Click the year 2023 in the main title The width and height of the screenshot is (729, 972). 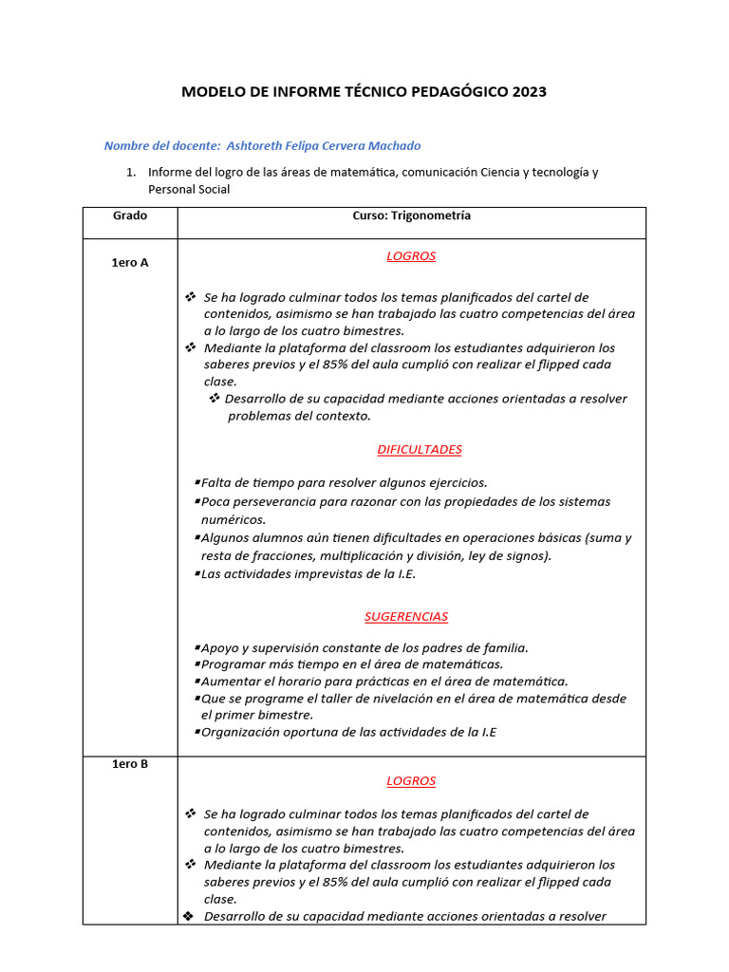click(530, 92)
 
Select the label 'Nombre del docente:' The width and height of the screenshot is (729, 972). click(162, 145)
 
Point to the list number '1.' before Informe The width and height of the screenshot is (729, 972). click(132, 172)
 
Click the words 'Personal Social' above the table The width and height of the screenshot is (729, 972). click(189, 189)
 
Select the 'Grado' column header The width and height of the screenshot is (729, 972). click(130, 215)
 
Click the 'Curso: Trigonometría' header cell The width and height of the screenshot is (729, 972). click(411, 215)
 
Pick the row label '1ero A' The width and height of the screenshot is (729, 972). click(130, 263)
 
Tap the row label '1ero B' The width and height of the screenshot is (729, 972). click(130, 764)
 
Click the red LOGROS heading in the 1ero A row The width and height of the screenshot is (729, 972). click(411, 256)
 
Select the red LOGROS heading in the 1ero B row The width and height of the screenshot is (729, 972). click(411, 781)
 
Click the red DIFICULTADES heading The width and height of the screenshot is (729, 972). click(419, 450)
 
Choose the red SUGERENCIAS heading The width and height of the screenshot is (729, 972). click(405, 617)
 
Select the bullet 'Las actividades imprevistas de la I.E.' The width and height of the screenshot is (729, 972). click(308, 574)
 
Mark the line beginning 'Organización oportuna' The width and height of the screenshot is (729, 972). click(348, 732)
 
